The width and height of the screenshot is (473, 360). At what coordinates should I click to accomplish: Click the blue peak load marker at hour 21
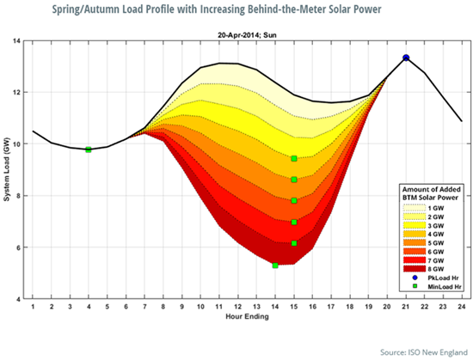tap(406, 58)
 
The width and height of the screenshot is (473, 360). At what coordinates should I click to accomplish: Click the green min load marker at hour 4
tap(89, 149)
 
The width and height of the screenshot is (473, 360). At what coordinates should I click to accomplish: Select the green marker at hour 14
tap(275, 265)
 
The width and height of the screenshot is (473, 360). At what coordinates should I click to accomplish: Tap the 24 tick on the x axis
tap(462, 307)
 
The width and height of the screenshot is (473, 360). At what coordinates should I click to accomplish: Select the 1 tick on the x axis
tap(33, 307)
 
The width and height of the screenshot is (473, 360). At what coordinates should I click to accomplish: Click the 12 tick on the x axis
tap(238, 307)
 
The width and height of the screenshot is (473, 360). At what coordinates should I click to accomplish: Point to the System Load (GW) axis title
tap(8, 169)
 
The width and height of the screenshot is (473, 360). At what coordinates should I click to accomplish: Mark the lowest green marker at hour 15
tap(294, 243)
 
